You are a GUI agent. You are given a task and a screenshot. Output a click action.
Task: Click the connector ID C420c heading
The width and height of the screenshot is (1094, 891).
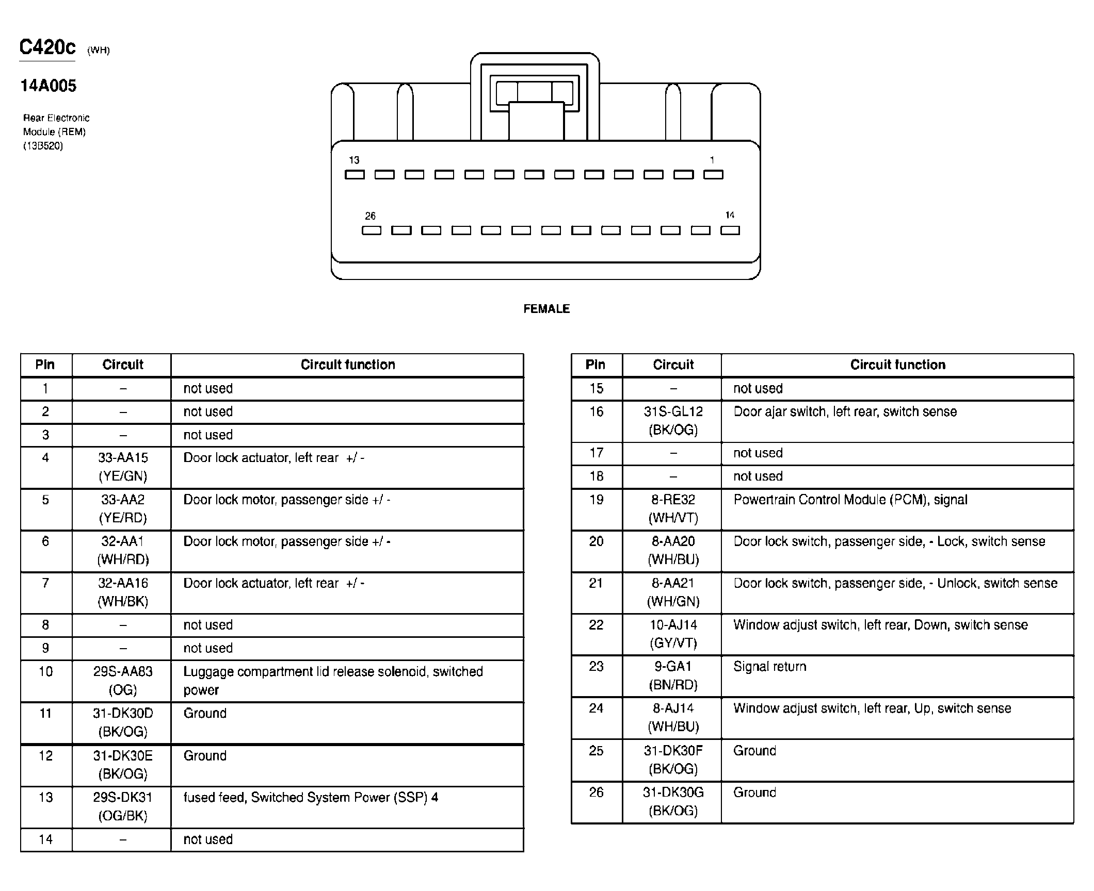[x=47, y=47]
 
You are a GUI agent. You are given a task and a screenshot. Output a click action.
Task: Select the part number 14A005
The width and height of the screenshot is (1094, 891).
[x=49, y=86]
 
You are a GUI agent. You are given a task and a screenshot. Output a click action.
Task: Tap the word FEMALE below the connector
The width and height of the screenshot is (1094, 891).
[x=546, y=309]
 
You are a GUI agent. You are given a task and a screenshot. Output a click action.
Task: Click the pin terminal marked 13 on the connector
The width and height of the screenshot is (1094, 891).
[x=355, y=175]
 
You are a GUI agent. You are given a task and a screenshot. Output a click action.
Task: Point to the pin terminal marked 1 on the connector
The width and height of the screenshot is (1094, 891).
[x=713, y=175]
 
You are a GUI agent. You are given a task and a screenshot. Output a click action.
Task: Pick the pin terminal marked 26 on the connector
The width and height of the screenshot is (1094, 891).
[x=371, y=230]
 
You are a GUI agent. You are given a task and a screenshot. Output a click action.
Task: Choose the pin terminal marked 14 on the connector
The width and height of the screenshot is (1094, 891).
[x=730, y=230]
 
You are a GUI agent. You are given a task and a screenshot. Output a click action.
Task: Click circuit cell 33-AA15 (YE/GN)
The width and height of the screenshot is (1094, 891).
[x=123, y=467]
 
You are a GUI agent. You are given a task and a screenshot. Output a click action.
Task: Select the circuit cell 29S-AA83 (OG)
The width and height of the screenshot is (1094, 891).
[x=123, y=681]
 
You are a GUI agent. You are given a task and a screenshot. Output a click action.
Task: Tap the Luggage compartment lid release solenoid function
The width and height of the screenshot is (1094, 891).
[x=333, y=681]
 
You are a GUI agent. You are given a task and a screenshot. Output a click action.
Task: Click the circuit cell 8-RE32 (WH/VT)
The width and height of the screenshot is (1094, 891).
[x=673, y=509]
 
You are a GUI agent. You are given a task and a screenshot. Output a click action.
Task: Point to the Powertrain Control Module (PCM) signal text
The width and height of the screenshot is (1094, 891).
[x=850, y=500]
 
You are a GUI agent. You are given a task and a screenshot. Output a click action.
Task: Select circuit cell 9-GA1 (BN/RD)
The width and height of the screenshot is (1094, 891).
[x=673, y=675]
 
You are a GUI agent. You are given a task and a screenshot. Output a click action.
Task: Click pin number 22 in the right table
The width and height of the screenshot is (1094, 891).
[x=596, y=625]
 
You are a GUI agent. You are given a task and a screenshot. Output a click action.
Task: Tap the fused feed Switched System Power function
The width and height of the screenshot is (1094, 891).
[x=311, y=798]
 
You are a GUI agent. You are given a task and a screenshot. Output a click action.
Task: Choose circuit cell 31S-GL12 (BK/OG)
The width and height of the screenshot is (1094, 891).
[x=673, y=421]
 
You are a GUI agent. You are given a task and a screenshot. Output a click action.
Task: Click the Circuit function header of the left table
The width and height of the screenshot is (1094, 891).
[x=347, y=365]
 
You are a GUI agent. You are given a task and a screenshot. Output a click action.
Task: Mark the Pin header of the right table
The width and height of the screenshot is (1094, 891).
[x=595, y=365]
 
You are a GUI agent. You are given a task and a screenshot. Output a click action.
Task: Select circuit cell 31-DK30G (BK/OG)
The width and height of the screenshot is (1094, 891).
[x=673, y=801]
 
